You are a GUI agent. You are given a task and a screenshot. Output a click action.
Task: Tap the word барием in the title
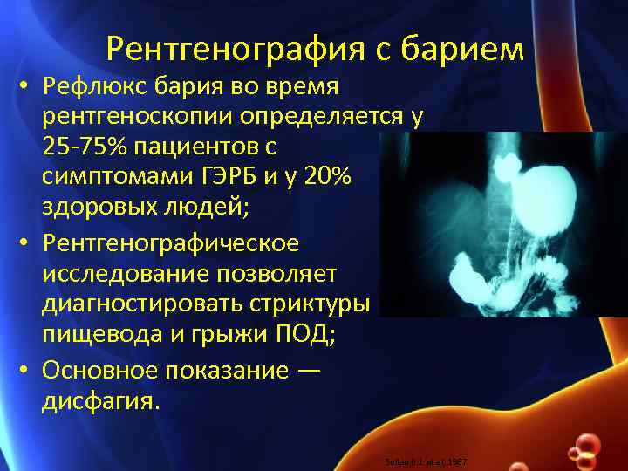click(469, 50)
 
